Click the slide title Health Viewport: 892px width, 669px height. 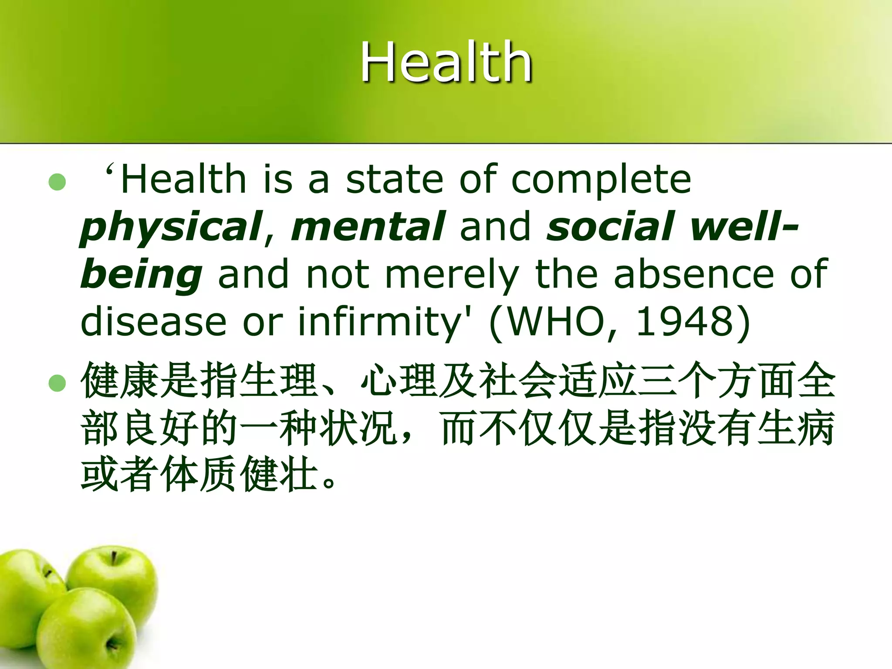pyautogui.click(x=446, y=62)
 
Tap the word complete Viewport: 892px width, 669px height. pyautogui.click(x=601, y=180)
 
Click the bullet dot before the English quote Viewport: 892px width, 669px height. pyautogui.click(x=57, y=182)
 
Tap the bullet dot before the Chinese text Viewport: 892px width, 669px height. pyautogui.click(x=57, y=383)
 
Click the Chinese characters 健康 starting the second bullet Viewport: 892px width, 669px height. pyautogui.click(x=120, y=381)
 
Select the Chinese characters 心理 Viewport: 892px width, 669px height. pyautogui.click(x=400, y=381)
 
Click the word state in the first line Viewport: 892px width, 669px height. pyautogui.click(x=395, y=179)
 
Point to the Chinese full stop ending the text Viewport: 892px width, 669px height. pyautogui.click(x=330, y=482)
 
